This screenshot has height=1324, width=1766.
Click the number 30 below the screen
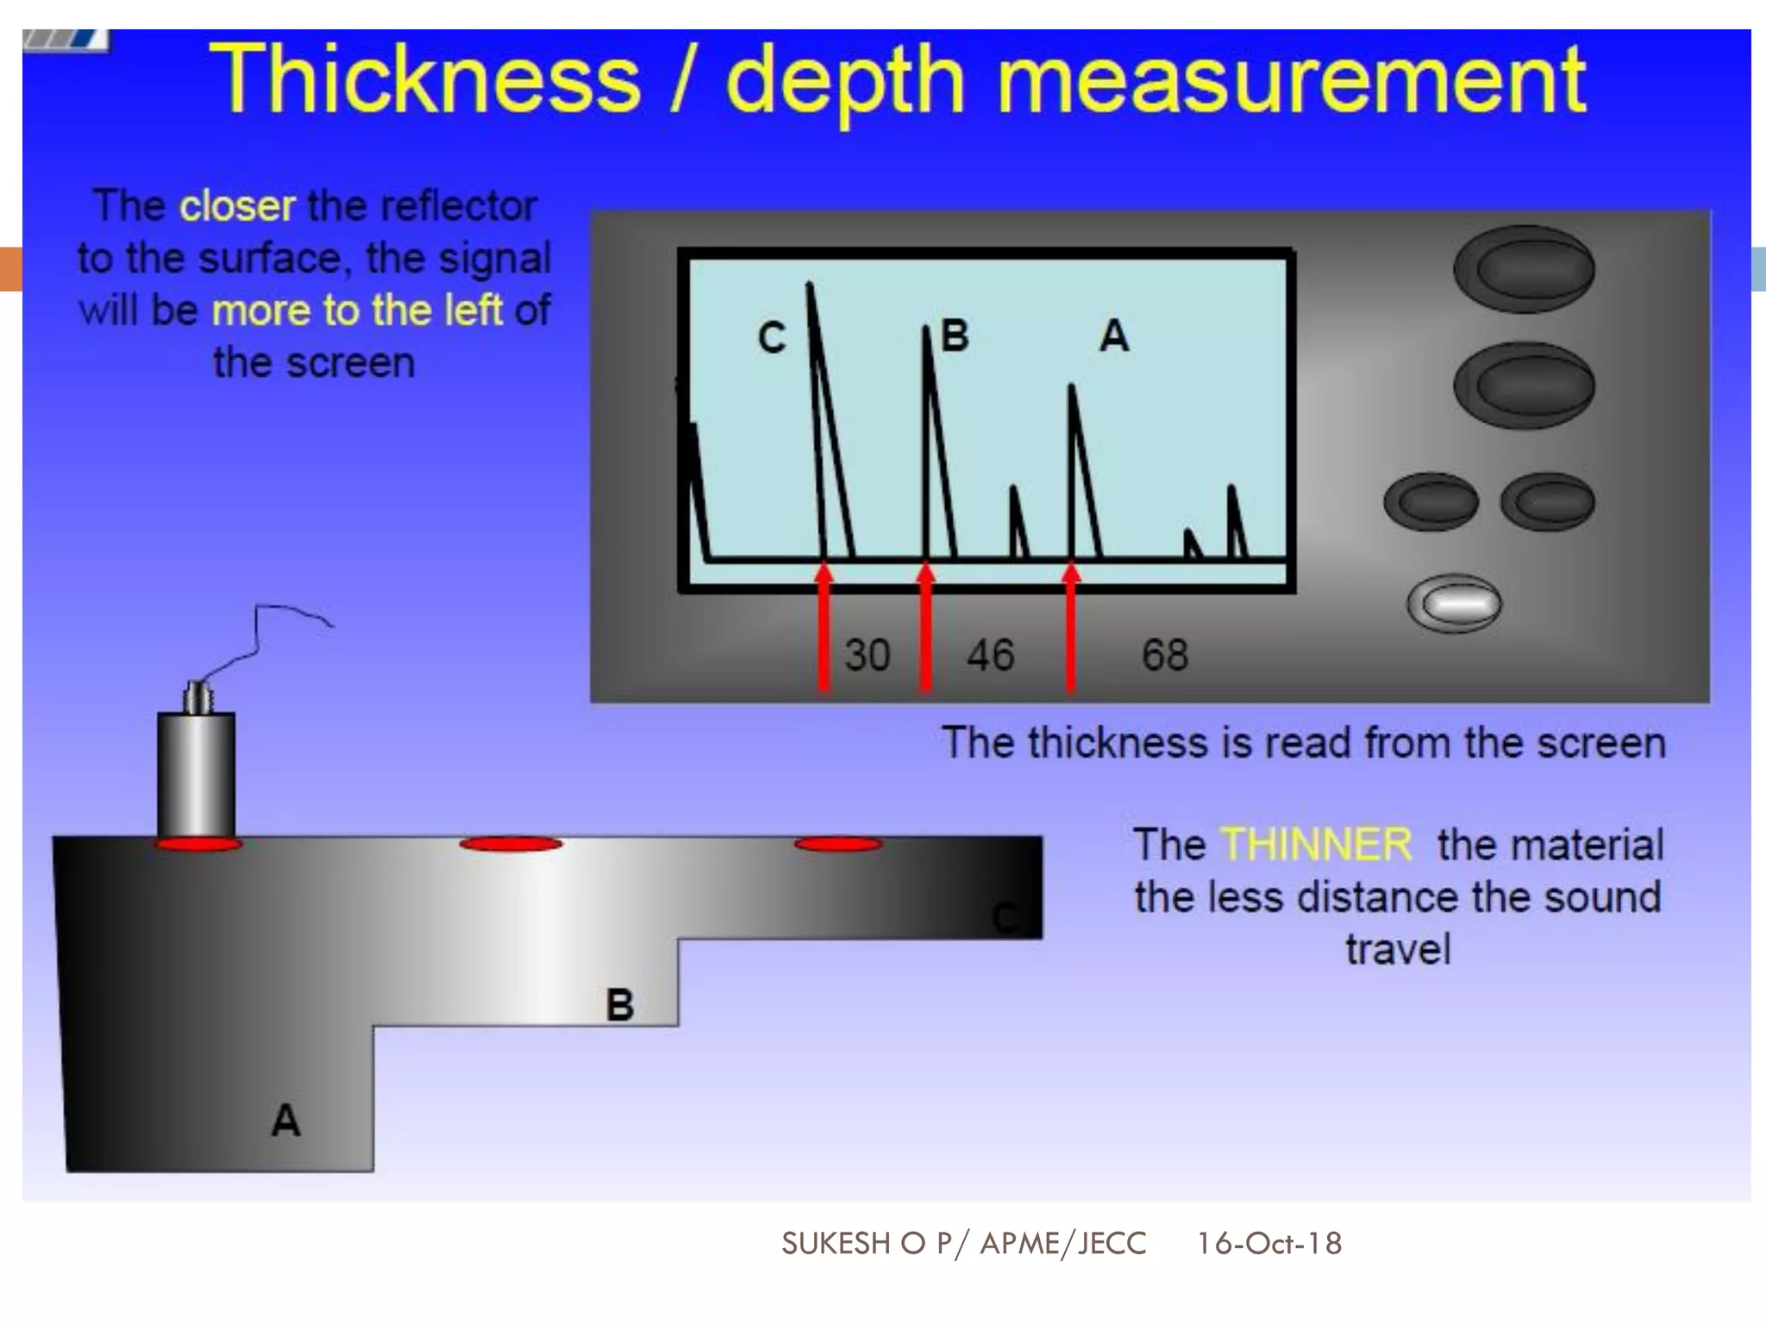coord(867,655)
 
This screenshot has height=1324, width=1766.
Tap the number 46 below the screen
coord(990,655)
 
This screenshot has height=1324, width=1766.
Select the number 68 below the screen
coord(1165,655)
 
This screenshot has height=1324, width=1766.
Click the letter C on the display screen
coord(772,338)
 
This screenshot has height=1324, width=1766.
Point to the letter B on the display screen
coord(955,335)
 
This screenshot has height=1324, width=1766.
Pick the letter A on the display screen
coord(1114,335)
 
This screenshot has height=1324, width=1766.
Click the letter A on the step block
coord(285,1121)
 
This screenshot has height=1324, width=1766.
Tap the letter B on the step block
coord(620,1005)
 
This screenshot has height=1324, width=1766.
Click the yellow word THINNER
coord(1317,845)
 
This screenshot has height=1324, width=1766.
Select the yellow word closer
coord(237,206)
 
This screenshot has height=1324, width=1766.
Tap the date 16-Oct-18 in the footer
coord(1268,1243)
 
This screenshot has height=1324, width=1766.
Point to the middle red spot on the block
coord(510,844)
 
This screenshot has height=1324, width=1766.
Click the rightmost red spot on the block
coord(837,844)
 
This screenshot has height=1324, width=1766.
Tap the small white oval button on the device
coord(1454,603)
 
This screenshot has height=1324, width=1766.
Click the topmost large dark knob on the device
coord(1524,269)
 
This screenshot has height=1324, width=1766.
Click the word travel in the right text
coord(1398,950)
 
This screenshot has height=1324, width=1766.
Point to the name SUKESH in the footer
coord(836,1243)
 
